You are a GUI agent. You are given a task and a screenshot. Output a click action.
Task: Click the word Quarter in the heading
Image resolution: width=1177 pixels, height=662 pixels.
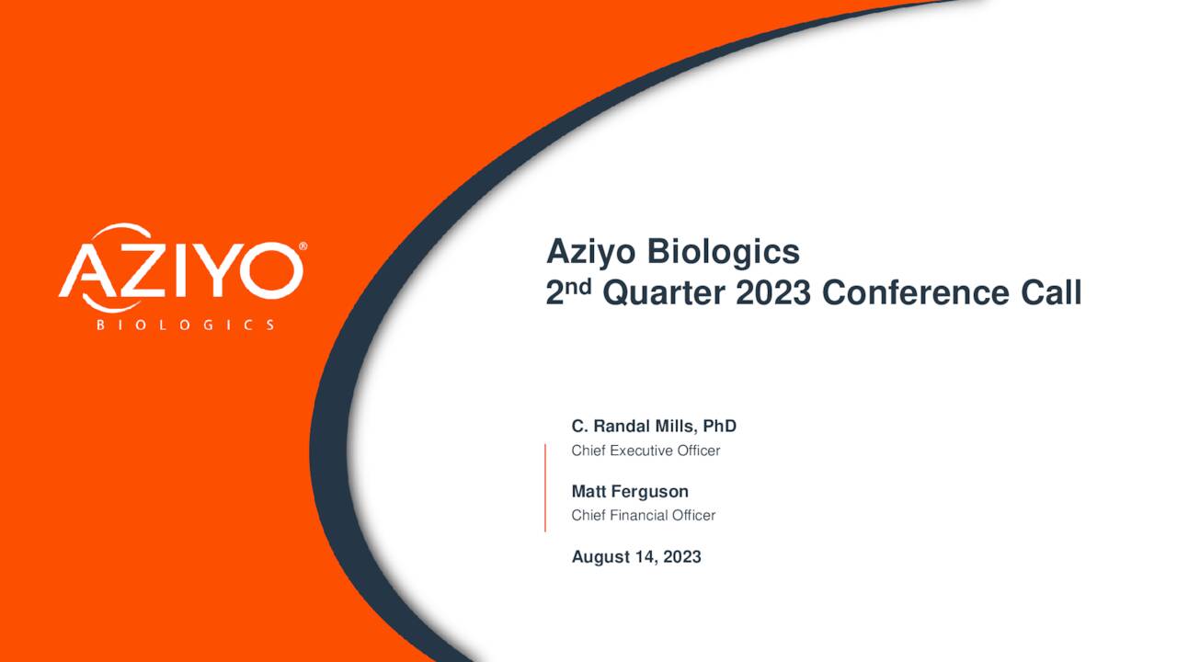click(663, 293)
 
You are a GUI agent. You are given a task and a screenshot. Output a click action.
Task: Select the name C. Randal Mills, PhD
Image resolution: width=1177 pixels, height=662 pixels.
click(654, 427)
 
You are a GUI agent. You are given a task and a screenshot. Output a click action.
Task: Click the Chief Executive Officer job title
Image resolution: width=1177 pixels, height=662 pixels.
click(646, 451)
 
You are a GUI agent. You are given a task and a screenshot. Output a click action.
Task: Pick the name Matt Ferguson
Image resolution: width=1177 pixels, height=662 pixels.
click(630, 492)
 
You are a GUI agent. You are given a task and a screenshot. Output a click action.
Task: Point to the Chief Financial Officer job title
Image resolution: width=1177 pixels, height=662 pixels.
click(643, 515)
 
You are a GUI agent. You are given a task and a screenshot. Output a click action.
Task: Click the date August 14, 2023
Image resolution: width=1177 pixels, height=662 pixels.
click(636, 557)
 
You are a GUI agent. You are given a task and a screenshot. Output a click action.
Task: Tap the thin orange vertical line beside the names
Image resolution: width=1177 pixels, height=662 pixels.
click(545, 487)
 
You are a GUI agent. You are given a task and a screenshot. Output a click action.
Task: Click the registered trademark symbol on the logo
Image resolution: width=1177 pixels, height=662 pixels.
click(303, 247)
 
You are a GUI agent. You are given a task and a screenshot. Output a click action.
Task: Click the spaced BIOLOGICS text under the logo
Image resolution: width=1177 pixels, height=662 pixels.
click(185, 325)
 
